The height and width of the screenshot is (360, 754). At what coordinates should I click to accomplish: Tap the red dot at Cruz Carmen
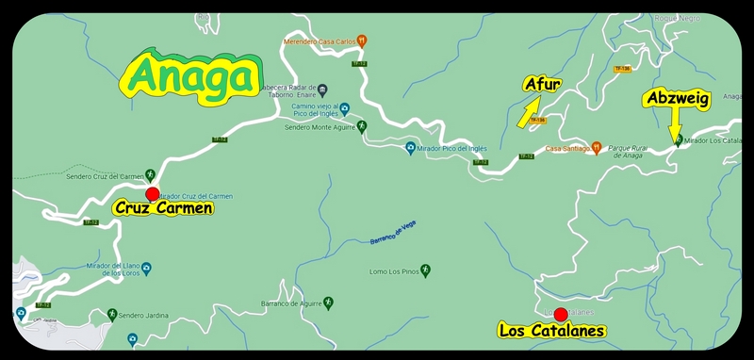[153, 193]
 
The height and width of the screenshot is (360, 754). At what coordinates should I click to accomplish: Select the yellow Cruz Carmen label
[163, 208]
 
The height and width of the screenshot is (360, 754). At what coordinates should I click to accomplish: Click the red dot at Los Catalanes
[560, 315]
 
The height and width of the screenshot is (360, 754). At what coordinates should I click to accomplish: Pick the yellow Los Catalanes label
[551, 331]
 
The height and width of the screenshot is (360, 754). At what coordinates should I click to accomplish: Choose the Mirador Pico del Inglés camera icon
[410, 148]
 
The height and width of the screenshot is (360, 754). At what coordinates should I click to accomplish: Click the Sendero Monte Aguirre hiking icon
[361, 126]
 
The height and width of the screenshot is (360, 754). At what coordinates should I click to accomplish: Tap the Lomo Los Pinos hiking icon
[426, 271]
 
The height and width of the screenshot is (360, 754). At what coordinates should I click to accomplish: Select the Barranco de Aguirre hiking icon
[328, 303]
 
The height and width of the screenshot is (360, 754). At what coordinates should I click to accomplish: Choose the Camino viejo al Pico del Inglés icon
[344, 109]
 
